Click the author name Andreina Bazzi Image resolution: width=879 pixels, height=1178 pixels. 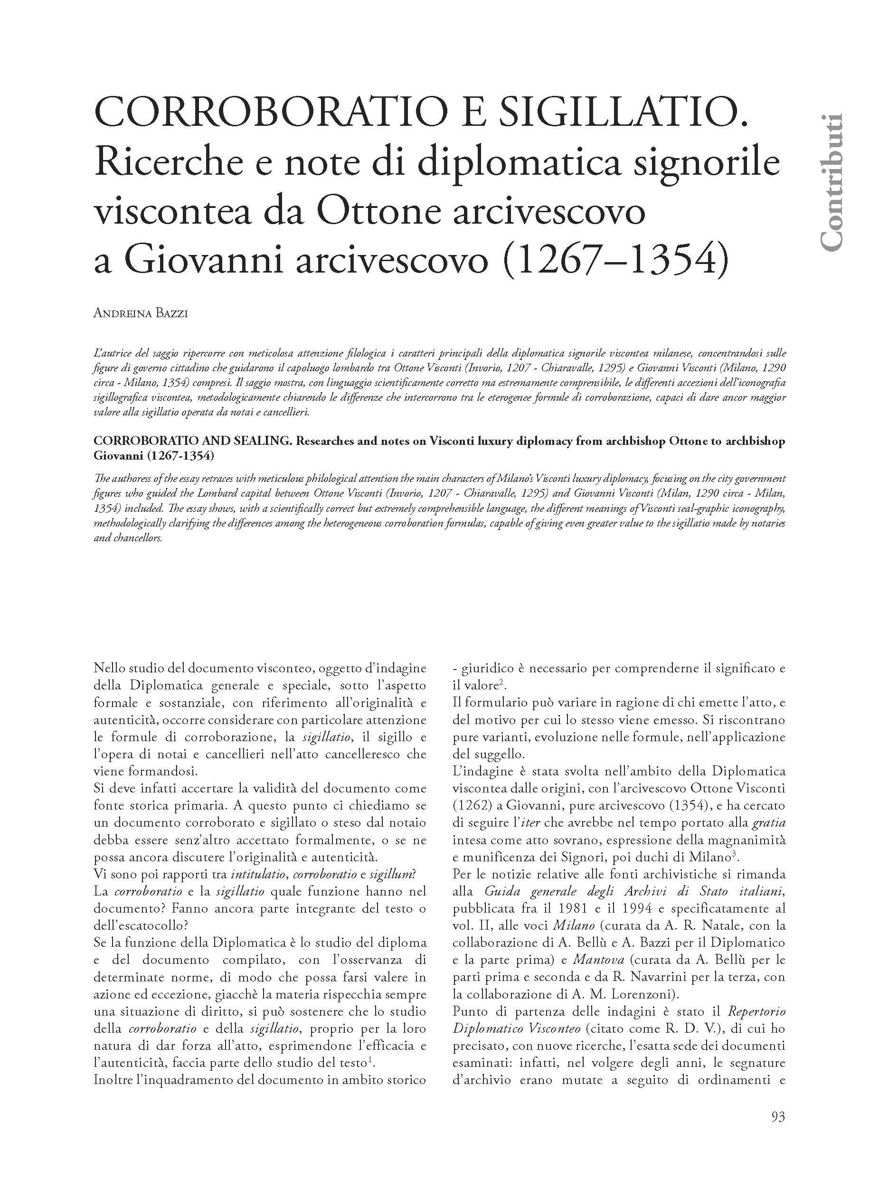[x=141, y=313]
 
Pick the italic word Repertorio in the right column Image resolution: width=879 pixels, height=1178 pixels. [x=756, y=1011]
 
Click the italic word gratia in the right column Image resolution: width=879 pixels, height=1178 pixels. [x=768, y=822]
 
